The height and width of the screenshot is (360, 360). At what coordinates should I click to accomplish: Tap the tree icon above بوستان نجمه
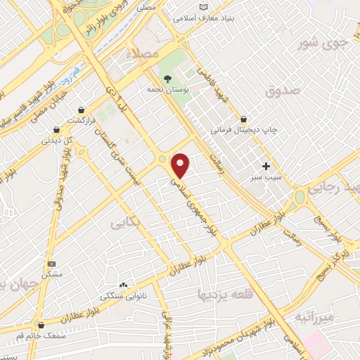167,79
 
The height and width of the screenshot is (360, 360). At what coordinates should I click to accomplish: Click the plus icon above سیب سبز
266,166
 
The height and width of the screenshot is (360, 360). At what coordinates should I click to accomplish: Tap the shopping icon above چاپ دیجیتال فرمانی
243,118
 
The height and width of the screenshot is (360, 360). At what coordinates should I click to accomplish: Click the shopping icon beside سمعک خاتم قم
41,326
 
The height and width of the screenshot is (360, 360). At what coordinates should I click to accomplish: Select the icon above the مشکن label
51,264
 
